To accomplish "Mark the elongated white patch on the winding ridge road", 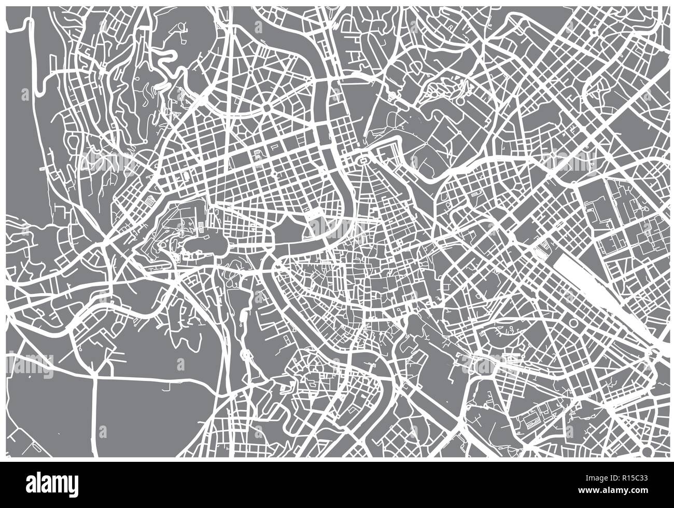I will pos(243,318).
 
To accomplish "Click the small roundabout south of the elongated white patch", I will pos(246,355).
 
